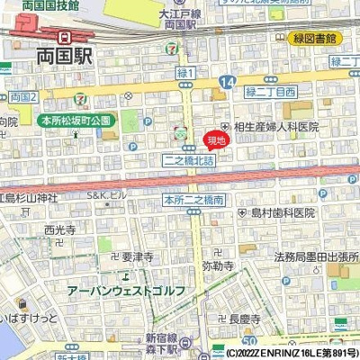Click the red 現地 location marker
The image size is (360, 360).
point(216,139)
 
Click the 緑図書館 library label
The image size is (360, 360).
point(314,39)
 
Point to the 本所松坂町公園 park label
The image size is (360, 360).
point(75,119)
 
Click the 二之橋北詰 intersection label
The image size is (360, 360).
point(189,159)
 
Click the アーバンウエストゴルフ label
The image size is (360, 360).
point(125,290)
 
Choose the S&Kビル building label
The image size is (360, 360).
point(103,195)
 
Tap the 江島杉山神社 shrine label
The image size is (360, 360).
point(27,195)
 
